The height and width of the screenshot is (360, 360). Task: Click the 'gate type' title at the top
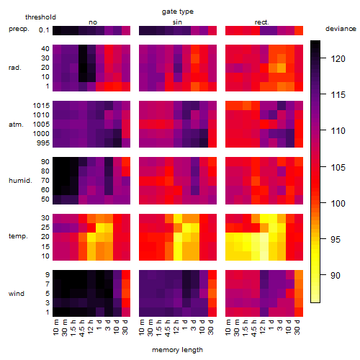click(x=178, y=12)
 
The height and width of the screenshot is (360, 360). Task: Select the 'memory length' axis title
click(x=177, y=350)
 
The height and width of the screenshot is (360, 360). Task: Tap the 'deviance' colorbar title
click(x=341, y=29)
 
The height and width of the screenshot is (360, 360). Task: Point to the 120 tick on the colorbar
click(x=323, y=58)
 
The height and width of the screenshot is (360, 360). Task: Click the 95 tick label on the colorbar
click(x=336, y=239)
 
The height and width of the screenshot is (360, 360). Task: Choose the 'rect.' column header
click(x=262, y=22)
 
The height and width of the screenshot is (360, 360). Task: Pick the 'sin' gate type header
click(x=177, y=22)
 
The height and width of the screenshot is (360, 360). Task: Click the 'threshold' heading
click(x=40, y=17)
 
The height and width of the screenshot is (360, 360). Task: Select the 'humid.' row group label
click(x=20, y=181)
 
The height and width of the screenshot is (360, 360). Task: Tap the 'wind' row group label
click(x=17, y=294)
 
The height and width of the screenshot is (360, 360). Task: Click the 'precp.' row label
click(x=19, y=30)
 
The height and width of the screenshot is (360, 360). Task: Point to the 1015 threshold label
click(x=41, y=106)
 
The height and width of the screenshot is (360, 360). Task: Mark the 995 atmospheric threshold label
click(x=43, y=143)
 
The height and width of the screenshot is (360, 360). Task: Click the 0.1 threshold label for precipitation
click(x=44, y=30)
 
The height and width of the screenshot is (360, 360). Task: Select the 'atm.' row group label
click(x=16, y=125)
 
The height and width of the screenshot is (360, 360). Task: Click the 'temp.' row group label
click(x=18, y=236)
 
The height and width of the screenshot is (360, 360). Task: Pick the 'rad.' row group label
click(x=15, y=68)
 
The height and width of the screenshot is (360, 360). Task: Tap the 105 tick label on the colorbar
click(x=338, y=167)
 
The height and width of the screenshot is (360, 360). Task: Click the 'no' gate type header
click(x=93, y=22)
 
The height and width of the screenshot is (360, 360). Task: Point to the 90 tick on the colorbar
click(x=323, y=275)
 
